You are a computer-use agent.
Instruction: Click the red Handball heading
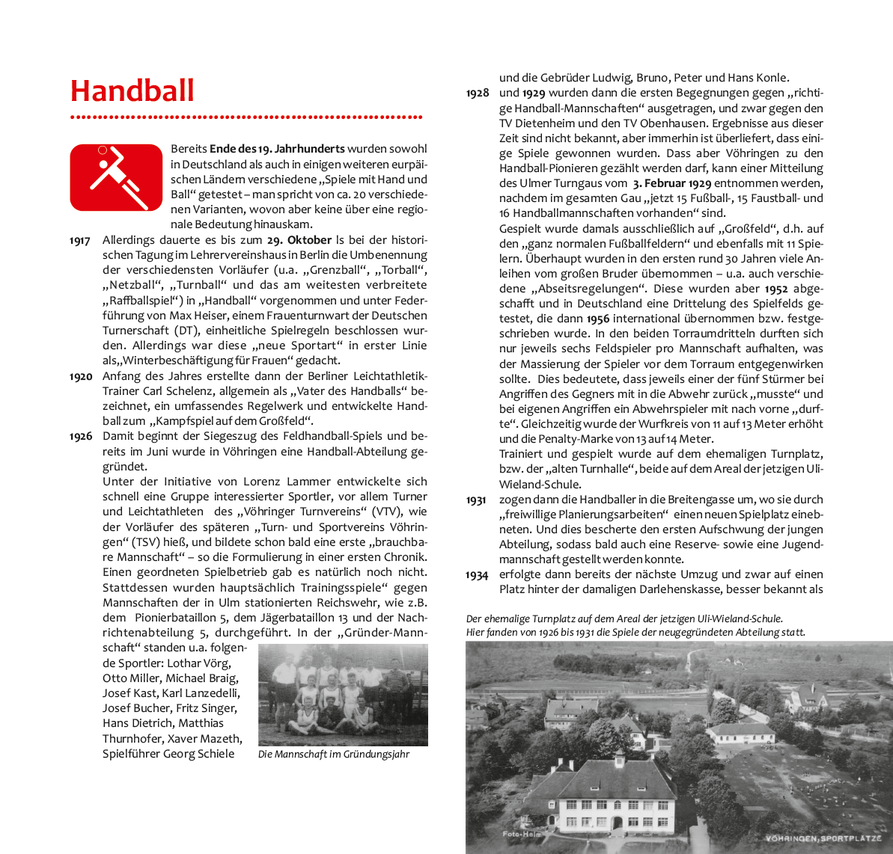pos(132,91)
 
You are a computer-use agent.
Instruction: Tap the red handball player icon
pos(116,178)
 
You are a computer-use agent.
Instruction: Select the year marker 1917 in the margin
pos(80,241)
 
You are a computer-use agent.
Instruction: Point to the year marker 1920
pos(80,376)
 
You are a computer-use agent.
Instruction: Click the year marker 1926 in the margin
pos(81,437)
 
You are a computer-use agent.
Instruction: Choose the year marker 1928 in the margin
pos(478,93)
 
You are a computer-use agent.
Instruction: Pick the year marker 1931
pos(477,500)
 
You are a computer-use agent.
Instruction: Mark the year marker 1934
pos(477,575)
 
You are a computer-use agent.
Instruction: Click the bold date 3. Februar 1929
pos(671,184)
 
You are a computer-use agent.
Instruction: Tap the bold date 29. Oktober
pos(299,240)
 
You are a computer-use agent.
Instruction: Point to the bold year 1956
pos(597,319)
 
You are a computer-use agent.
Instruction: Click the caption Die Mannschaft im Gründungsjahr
pos(334,755)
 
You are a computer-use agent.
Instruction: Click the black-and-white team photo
pos(343,695)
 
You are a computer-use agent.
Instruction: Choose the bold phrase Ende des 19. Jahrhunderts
pos(277,149)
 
